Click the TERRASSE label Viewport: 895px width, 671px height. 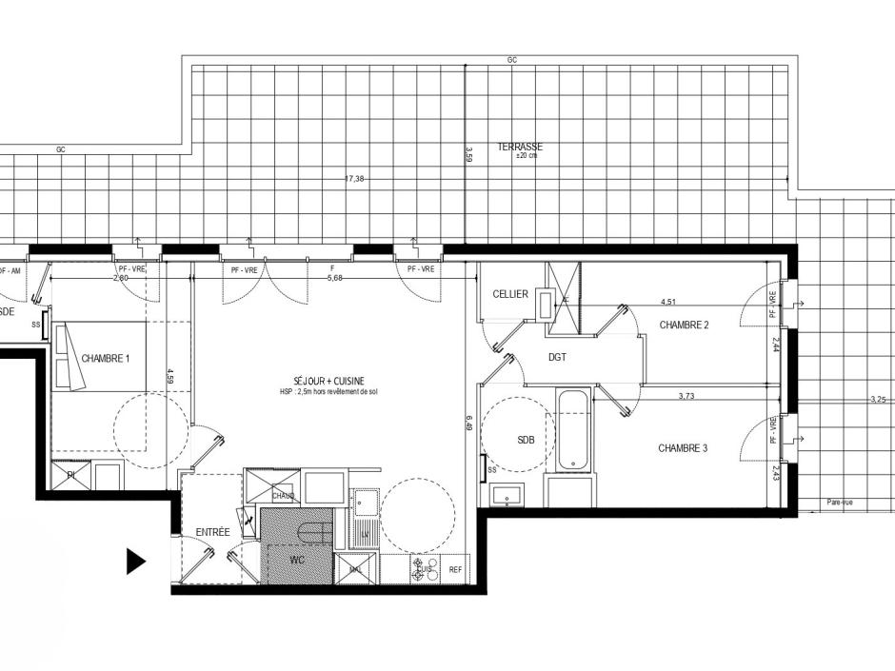[x=520, y=147]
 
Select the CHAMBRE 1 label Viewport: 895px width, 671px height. [x=105, y=359]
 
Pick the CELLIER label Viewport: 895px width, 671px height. [x=510, y=294]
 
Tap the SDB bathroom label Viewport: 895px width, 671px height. [x=526, y=441]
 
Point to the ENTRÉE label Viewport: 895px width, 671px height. [x=212, y=532]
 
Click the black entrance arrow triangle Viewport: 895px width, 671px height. [x=135, y=562]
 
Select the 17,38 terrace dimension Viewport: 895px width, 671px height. [x=354, y=178]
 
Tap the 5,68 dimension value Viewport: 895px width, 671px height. [x=334, y=279]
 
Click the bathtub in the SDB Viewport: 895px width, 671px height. [x=572, y=429]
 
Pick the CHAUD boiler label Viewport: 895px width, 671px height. [x=283, y=496]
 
